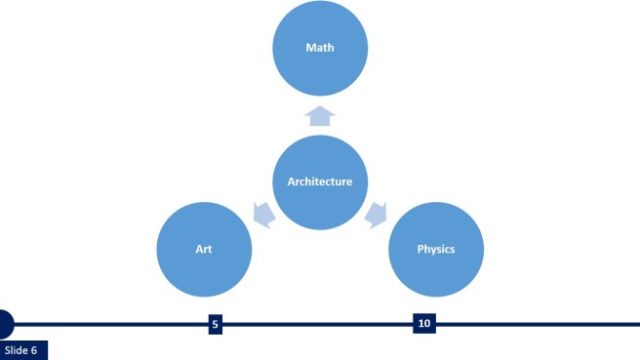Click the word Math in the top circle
coord(320,47)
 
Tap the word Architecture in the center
coord(320,181)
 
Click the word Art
coord(205,249)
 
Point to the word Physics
coord(436,249)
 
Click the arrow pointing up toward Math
coord(320,116)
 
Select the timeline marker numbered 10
coord(423,323)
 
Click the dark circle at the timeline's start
coord(4,323)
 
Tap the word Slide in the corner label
coord(16,350)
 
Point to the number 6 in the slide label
coord(33,350)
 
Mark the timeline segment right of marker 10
coord(537,323)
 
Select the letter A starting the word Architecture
coord(291,181)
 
